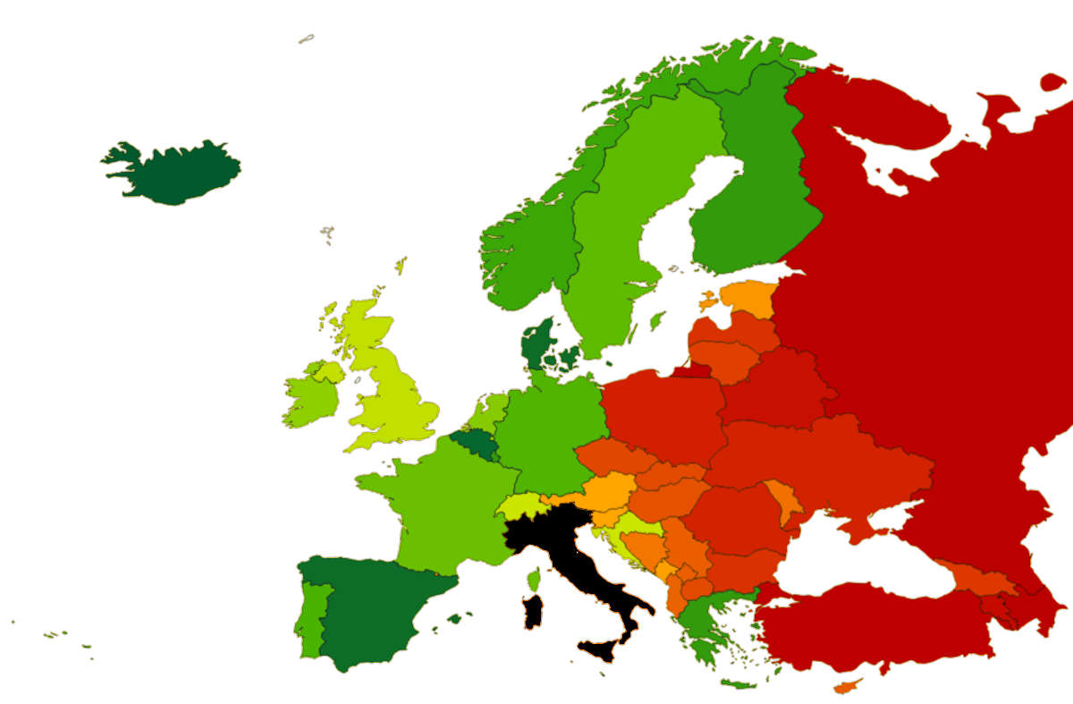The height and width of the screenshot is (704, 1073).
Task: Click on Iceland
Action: [174, 172]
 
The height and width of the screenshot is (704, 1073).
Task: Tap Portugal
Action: [310, 617]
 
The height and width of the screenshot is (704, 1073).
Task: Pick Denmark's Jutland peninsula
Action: [536, 344]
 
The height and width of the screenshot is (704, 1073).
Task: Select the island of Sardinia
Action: [533, 612]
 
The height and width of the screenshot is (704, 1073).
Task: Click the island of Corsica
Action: [535, 580]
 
